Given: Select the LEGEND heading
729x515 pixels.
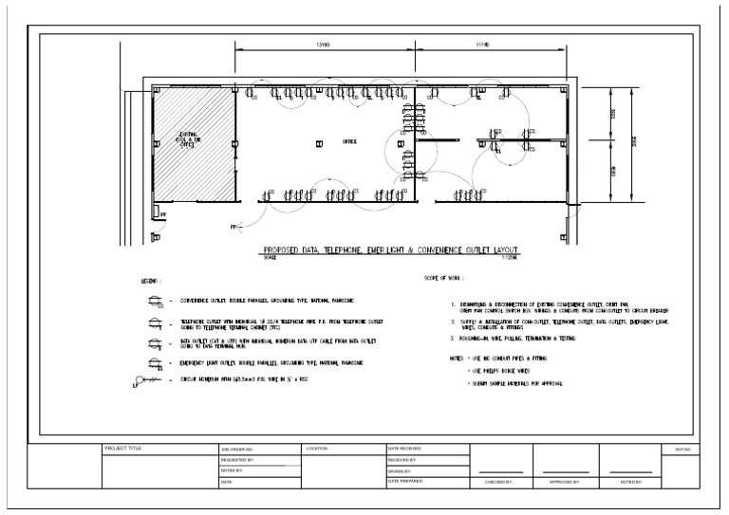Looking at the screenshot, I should point(151,282).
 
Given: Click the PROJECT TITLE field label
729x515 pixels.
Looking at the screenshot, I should point(122,448).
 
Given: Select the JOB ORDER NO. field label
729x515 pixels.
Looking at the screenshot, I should point(237,448).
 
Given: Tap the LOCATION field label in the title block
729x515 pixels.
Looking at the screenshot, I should point(317,448).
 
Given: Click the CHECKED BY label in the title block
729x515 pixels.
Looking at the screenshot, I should point(498,482).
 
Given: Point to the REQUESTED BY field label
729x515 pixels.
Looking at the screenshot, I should point(237,459).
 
